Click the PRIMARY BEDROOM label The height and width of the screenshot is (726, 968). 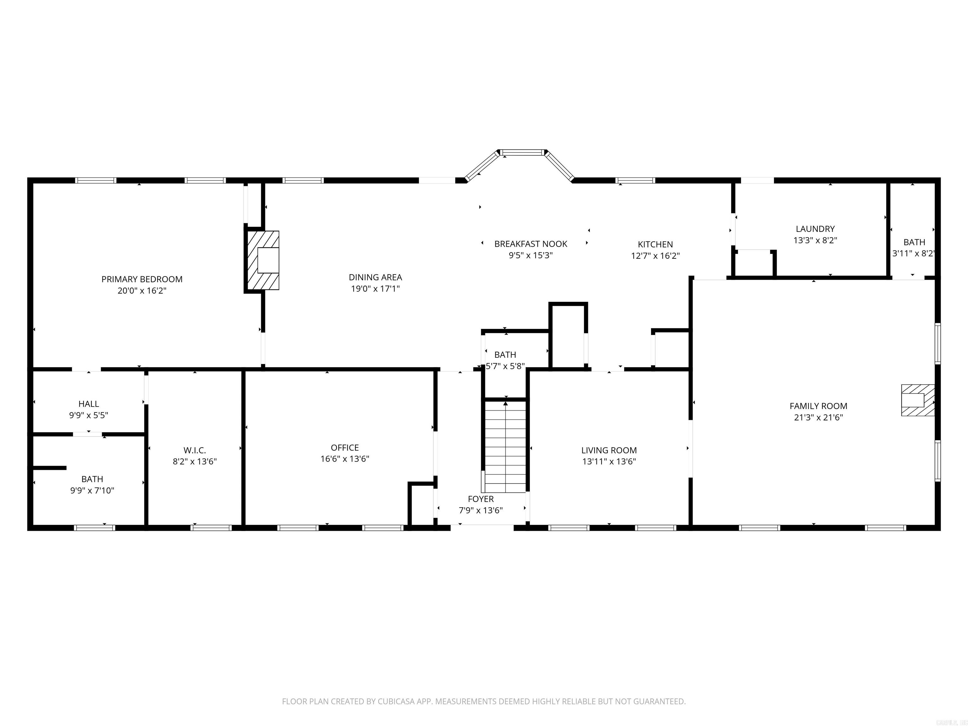click(x=142, y=279)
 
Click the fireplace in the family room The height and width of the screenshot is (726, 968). click(x=917, y=400)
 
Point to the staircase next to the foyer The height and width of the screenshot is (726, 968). click(x=505, y=447)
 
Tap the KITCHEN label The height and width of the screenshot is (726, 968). click(x=655, y=244)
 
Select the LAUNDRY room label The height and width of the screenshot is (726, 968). click(x=815, y=228)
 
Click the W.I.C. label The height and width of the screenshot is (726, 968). click(x=194, y=450)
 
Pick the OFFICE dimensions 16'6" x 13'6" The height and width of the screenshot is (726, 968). click(x=344, y=458)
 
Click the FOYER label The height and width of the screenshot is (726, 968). click(x=481, y=499)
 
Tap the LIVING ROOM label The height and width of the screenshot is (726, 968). click(x=609, y=450)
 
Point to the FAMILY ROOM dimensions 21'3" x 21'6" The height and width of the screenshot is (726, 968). click(x=818, y=417)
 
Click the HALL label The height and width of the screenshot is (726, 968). click(x=89, y=403)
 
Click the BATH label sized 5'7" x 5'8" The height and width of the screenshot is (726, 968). click(x=505, y=354)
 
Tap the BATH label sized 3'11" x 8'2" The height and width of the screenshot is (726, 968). click(x=914, y=242)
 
